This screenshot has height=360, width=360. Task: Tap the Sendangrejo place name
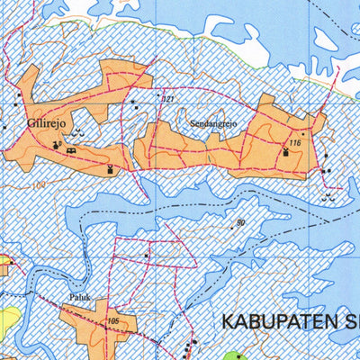(212, 117)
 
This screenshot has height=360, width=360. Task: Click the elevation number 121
(166, 98)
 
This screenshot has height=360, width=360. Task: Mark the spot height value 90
(240, 221)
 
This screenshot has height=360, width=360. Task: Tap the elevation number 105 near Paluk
(112, 320)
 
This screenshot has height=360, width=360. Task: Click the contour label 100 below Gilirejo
(37, 186)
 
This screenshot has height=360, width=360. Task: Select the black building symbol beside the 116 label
(287, 153)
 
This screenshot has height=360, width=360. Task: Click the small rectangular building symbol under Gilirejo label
(71, 150)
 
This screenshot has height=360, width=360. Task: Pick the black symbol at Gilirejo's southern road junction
(111, 168)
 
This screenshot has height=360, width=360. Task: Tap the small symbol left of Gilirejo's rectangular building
(58, 145)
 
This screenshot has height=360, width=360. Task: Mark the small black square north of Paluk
(147, 256)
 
